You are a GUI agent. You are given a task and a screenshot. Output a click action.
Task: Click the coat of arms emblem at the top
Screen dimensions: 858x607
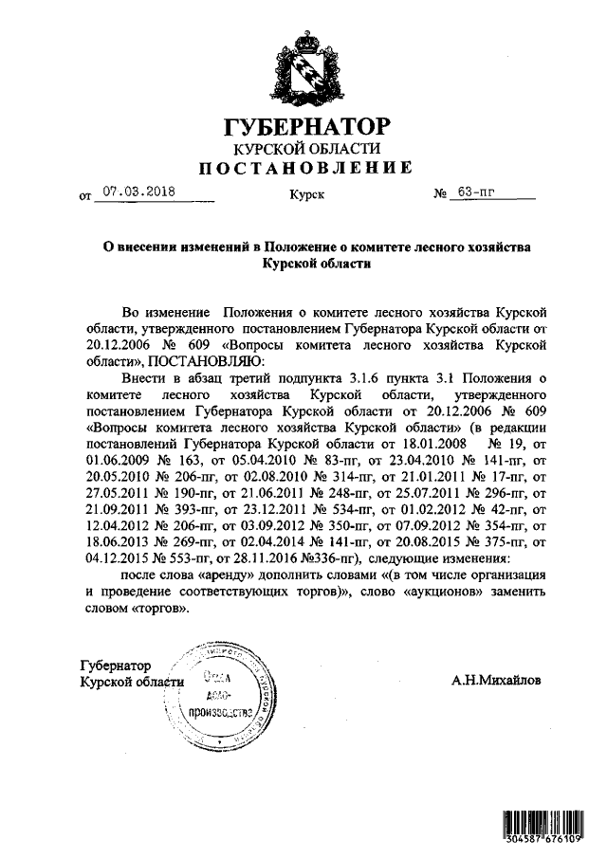(305, 68)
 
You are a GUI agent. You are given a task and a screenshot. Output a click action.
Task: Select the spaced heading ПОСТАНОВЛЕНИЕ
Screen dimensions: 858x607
(304, 170)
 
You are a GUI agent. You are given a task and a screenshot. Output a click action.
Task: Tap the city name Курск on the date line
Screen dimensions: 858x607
(306, 195)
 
